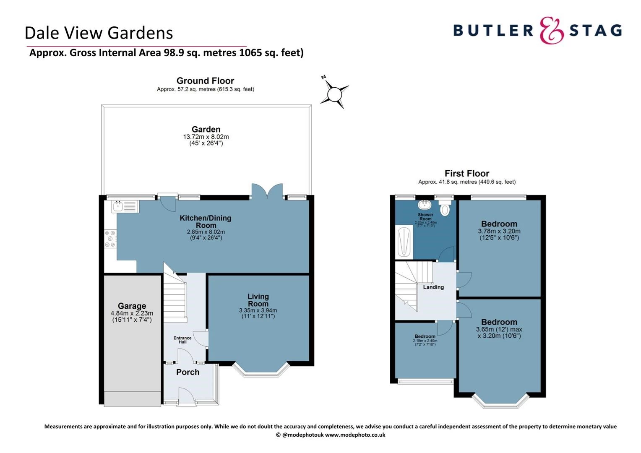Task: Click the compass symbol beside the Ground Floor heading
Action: [x=334, y=93]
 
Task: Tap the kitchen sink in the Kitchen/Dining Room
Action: [x=125, y=206]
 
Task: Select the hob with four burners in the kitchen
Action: [x=110, y=239]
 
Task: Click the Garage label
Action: [x=132, y=306]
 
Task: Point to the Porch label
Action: [x=188, y=372]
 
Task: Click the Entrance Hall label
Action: [x=182, y=340]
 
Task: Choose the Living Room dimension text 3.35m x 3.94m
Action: [x=258, y=310]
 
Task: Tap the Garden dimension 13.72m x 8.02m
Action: [x=206, y=137]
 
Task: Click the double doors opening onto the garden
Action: [x=267, y=192]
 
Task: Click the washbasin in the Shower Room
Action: [x=425, y=205]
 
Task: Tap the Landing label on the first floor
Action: [x=433, y=287]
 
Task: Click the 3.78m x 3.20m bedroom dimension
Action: [x=499, y=231]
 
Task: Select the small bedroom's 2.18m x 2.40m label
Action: [x=425, y=341]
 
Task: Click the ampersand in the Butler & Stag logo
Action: [x=551, y=31]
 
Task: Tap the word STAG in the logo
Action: [x=596, y=31]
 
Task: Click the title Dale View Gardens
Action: [x=99, y=33]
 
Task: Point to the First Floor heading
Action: [x=467, y=173]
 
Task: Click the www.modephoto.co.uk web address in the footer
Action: [x=355, y=435]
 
